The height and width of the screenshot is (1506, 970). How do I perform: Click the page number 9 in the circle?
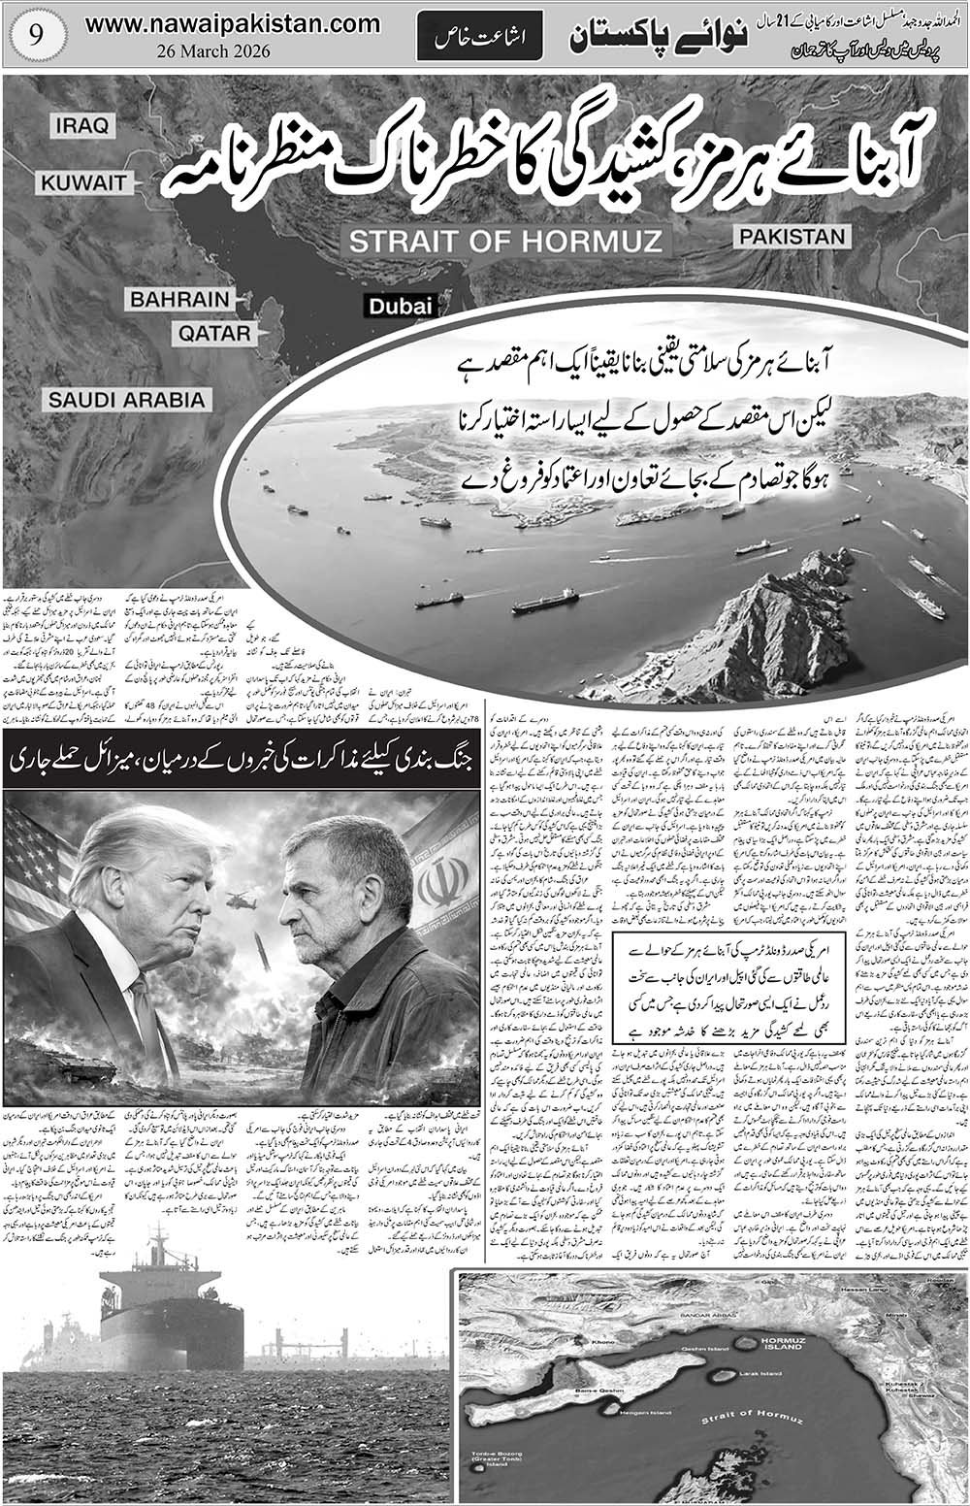coord(34,36)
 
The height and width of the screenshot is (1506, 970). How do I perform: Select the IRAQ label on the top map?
coord(84,125)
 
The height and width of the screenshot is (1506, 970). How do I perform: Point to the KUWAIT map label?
coord(83,182)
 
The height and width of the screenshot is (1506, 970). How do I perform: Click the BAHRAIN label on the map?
coord(179,299)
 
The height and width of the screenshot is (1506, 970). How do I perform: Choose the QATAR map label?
coord(213,334)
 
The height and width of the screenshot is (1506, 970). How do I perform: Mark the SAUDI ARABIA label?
coord(127,399)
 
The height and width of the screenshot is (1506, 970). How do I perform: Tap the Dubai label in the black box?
coord(399,306)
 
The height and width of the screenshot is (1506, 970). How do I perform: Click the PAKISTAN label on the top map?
coord(791,236)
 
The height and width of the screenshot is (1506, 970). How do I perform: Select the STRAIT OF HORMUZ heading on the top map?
coord(505,241)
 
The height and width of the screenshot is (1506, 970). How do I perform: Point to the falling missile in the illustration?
coord(263,962)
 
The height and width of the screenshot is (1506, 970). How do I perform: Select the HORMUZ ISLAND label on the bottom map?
coord(782,1344)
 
